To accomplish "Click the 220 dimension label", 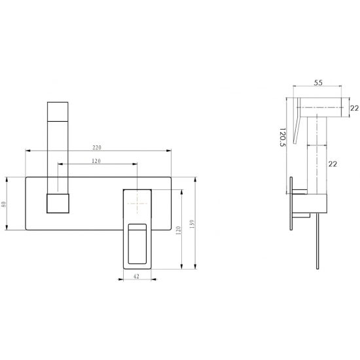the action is (97, 148).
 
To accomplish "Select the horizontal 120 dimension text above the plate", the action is (96, 161).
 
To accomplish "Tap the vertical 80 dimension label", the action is (4, 204).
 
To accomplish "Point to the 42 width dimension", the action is (136, 276).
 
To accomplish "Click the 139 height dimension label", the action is (192, 224).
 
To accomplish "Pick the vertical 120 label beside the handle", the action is (179, 230).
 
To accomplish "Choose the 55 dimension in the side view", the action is (318, 82).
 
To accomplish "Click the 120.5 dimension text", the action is (283, 137).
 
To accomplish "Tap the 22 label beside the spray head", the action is (355, 108).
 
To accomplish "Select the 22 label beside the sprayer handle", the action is (333, 164).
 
